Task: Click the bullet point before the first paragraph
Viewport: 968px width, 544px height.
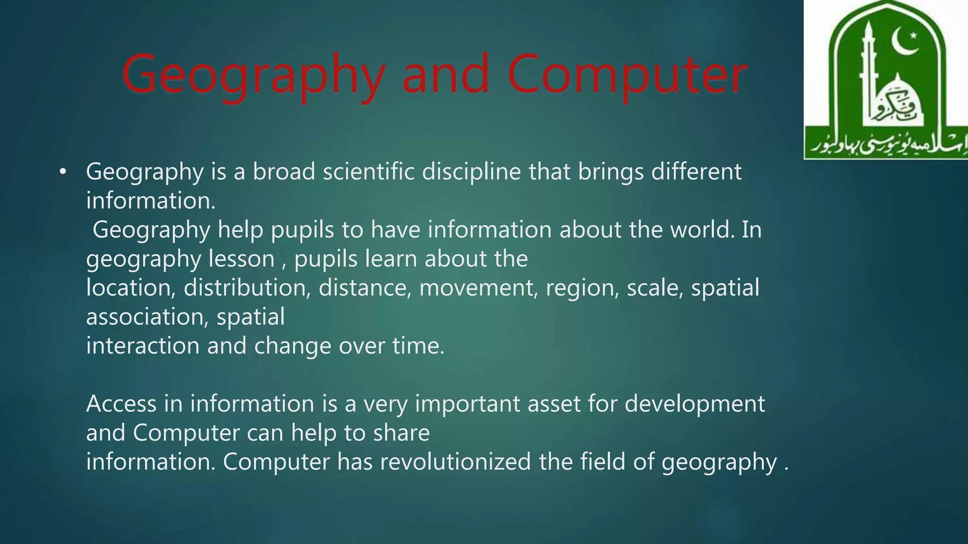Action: coord(62,172)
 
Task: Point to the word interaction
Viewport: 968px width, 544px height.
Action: coord(143,346)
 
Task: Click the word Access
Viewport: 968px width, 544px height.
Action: coord(121,404)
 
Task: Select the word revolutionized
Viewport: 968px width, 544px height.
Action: coord(455,462)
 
